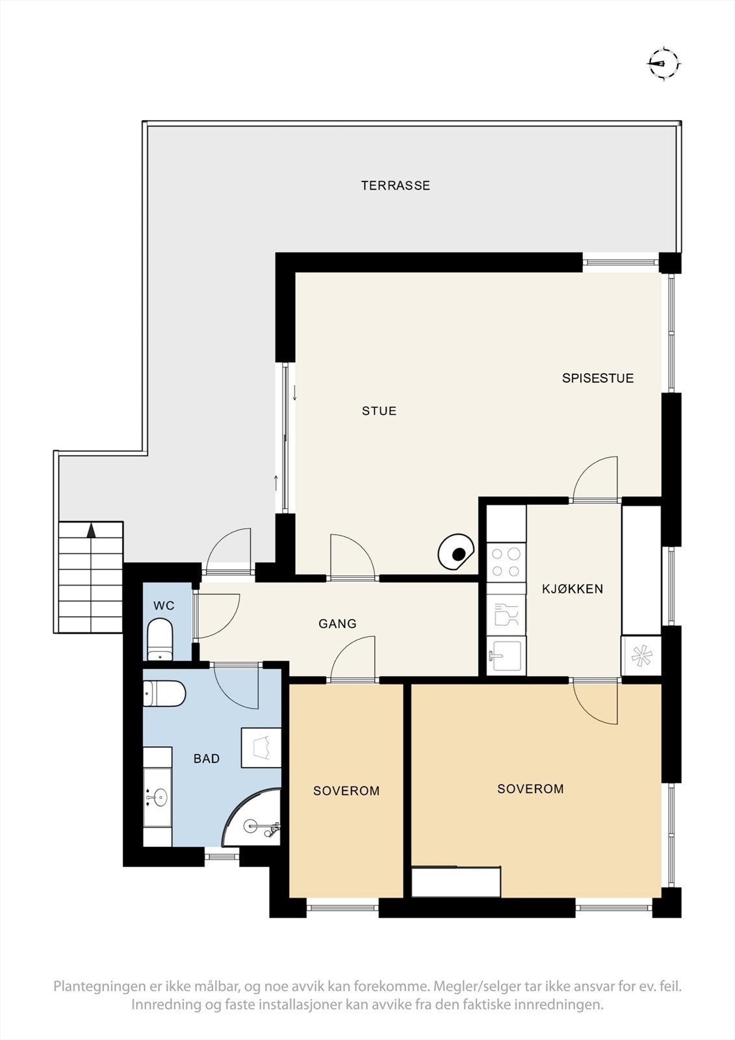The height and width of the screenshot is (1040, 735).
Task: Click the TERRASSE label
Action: pyautogui.click(x=396, y=186)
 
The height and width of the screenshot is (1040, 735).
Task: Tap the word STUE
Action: pyautogui.click(x=380, y=411)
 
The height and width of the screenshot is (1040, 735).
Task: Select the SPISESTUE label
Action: pyautogui.click(x=598, y=378)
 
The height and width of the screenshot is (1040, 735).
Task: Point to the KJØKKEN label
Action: pyautogui.click(x=573, y=589)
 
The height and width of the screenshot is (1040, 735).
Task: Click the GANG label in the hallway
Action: pyautogui.click(x=337, y=623)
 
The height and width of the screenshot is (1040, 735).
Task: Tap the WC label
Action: pyautogui.click(x=164, y=605)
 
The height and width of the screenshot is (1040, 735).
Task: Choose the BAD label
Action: pyautogui.click(x=207, y=759)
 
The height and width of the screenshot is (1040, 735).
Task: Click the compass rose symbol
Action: pyautogui.click(x=664, y=64)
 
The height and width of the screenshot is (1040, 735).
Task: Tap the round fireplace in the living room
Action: pyautogui.click(x=456, y=552)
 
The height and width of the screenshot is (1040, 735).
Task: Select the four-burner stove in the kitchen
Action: pyautogui.click(x=506, y=562)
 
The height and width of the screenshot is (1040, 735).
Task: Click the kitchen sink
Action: pyautogui.click(x=506, y=655)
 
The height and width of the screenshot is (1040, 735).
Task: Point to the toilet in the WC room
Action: pyautogui.click(x=160, y=638)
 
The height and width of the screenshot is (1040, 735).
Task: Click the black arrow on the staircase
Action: pyautogui.click(x=92, y=530)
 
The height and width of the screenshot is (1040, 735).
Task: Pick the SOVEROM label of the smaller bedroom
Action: pyautogui.click(x=346, y=790)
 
